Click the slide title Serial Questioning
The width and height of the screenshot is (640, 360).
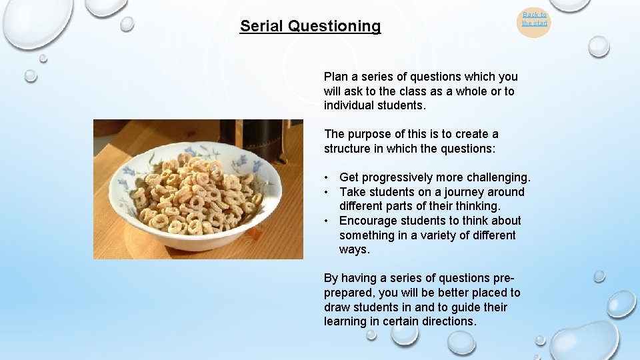pos(310,26)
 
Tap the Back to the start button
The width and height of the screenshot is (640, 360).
pos(534,19)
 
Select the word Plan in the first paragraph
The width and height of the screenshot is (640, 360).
pos(337,77)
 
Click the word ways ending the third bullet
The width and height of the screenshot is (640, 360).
pos(354,249)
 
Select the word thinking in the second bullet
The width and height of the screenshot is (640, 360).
pos(476,206)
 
